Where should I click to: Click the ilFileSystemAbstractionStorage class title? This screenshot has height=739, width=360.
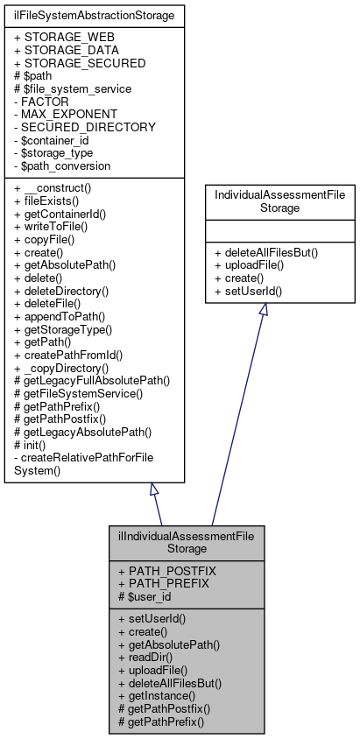pyautogui.click(x=95, y=15)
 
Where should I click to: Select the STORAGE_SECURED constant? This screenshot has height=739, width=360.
pyautogui.click(x=80, y=63)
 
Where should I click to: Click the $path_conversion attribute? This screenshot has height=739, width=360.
pyautogui.click(x=62, y=165)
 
